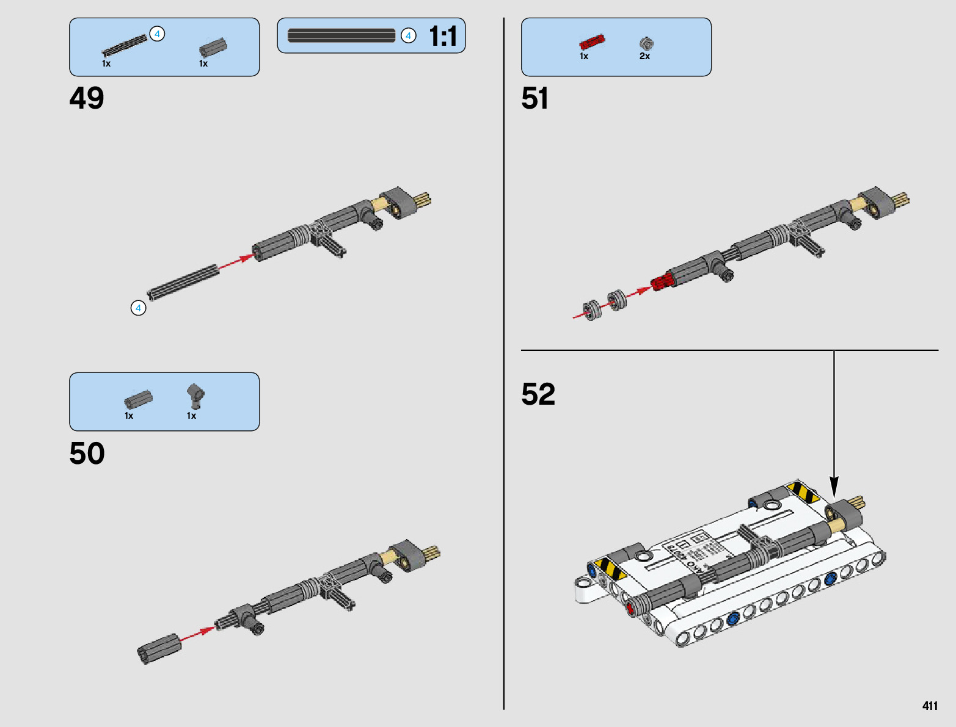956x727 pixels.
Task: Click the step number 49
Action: click(x=87, y=98)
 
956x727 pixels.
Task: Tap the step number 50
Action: click(x=87, y=454)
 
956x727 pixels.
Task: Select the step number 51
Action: click(x=535, y=98)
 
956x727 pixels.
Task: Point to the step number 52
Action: click(x=538, y=394)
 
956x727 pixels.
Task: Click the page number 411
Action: click(x=930, y=706)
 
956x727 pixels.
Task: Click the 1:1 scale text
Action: click(x=443, y=36)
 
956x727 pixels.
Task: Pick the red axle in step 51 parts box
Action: click(x=592, y=42)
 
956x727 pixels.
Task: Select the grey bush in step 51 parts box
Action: click(x=646, y=43)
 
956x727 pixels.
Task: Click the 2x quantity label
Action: click(x=644, y=56)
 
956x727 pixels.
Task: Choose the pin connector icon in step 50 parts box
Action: click(x=195, y=396)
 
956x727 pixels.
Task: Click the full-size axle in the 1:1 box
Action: click(x=341, y=35)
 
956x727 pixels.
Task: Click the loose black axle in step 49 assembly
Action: click(x=183, y=282)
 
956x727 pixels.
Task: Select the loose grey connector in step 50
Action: click(x=159, y=648)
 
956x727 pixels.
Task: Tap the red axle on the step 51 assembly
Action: click(x=662, y=282)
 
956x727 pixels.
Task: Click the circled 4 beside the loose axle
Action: click(x=139, y=308)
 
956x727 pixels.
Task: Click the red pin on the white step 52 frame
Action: click(x=631, y=608)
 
